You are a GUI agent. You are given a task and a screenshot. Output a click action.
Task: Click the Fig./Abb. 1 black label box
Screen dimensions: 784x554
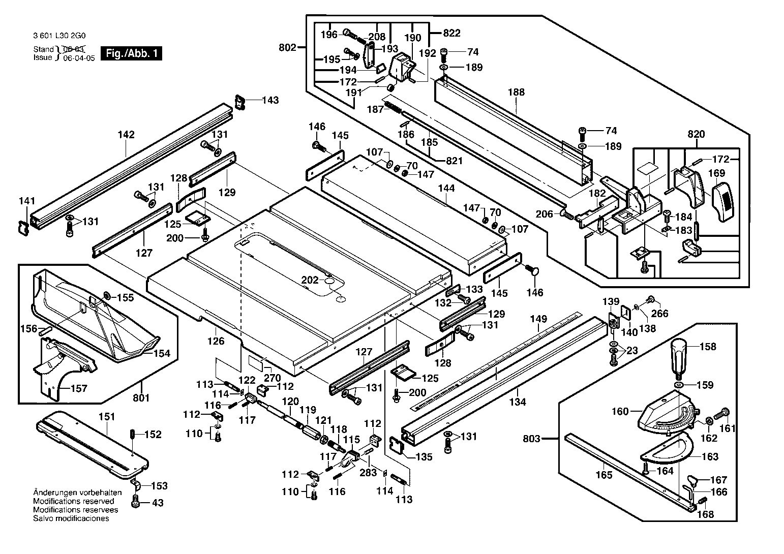(131, 53)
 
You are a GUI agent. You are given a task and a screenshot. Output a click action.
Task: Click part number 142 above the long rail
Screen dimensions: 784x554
(126, 134)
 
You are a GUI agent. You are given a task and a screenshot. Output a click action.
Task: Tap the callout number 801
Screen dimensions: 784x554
(141, 397)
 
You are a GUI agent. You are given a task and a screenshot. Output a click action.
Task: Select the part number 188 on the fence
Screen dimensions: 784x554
(516, 92)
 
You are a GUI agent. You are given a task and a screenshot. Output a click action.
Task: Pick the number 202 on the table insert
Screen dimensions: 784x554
(310, 280)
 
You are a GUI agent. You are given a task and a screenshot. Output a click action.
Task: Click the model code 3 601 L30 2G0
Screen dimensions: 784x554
(59, 36)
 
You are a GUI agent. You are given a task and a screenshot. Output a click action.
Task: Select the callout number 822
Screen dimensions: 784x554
(452, 33)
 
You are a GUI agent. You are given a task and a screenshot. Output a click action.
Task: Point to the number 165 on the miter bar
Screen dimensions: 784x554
(604, 475)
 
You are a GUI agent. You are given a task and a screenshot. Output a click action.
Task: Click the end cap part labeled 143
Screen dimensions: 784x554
(240, 102)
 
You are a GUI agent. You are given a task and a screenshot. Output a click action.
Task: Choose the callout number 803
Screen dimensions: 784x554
(532, 439)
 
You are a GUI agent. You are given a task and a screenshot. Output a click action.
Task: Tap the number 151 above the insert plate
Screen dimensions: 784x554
(107, 416)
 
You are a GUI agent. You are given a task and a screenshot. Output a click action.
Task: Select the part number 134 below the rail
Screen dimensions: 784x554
(518, 402)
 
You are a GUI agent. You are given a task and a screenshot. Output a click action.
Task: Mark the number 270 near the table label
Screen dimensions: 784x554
(273, 378)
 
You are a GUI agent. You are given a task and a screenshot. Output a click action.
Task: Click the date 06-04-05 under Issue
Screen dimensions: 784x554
(79, 58)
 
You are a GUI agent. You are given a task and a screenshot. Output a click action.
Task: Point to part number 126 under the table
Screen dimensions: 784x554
(216, 341)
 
